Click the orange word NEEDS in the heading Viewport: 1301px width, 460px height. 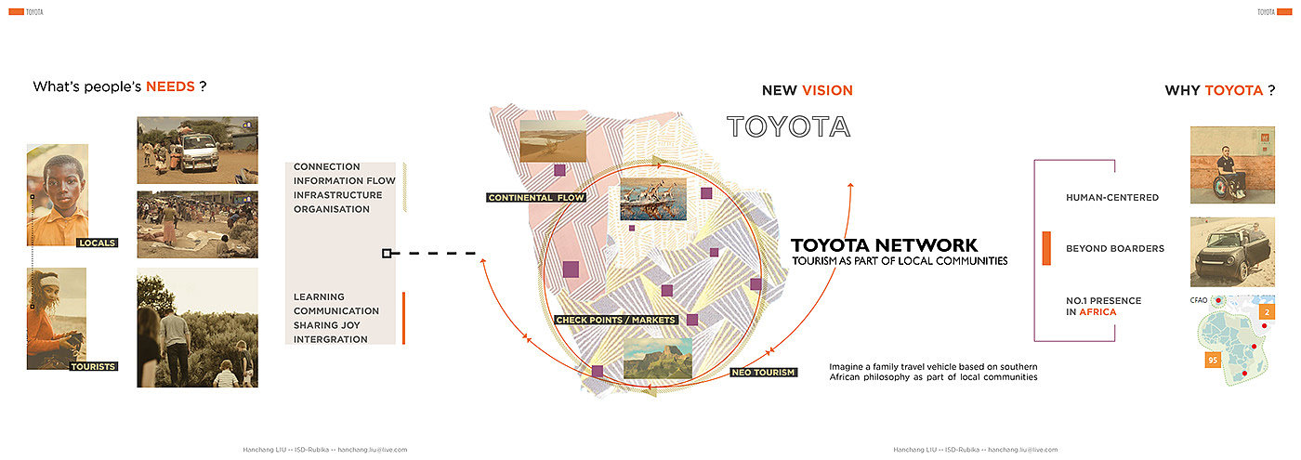point(170,86)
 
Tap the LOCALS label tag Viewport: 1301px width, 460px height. point(97,243)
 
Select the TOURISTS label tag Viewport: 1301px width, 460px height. point(93,367)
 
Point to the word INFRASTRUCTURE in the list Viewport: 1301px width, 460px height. point(337,195)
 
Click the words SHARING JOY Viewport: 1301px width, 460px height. point(326,325)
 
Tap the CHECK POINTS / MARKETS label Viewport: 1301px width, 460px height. point(615,320)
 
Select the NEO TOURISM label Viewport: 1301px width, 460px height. point(763,373)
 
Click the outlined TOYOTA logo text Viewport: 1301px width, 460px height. point(788,126)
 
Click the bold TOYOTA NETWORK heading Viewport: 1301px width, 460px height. point(884,245)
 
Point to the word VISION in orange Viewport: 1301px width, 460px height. point(827,90)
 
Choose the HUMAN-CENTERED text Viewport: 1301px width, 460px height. point(1112,198)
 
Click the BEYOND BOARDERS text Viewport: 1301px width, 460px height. point(1114,249)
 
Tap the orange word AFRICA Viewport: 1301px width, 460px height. point(1091,312)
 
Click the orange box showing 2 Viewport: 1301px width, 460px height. point(1267,312)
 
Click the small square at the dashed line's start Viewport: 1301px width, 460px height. point(387,253)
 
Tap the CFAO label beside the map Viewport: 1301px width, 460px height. point(1199,300)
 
